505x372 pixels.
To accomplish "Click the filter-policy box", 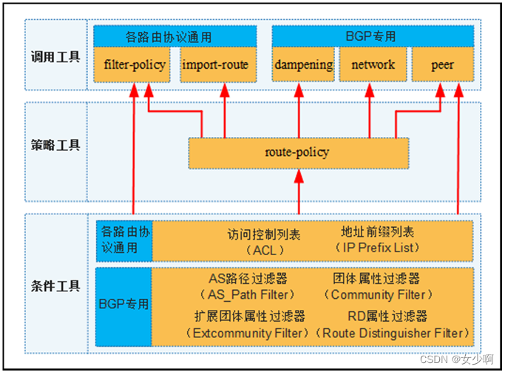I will (135, 65).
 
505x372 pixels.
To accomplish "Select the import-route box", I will (215, 65).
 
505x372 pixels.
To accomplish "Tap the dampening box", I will (303, 65).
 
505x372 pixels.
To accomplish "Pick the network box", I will (373, 65).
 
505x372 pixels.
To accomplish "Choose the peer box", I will (442, 65).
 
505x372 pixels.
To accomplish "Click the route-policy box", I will (297, 153).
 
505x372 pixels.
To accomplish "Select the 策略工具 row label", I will (55, 146).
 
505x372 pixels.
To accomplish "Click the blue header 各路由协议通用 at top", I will (175, 35).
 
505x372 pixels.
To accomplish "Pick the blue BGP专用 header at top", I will (372, 35).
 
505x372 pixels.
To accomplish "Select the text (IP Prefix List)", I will (378, 248).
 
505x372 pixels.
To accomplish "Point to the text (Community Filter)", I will (378, 294).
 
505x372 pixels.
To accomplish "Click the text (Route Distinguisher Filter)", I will (393, 333).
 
